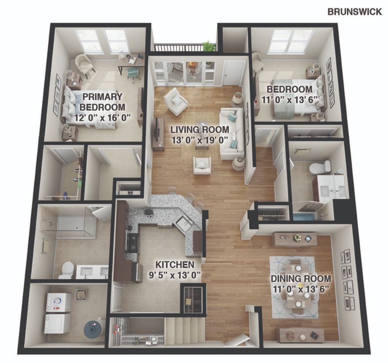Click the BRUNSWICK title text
tap(355, 12)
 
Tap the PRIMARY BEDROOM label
tap(103, 102)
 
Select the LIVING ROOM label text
tap(199, 130)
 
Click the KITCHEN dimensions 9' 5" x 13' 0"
tap(174, 275)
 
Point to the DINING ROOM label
tap(301, 278)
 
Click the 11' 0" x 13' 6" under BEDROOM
tap(289, 100)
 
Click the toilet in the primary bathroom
tap(67, 270)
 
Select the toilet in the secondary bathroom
tap(320, 167)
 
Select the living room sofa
tap(231, 134)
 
